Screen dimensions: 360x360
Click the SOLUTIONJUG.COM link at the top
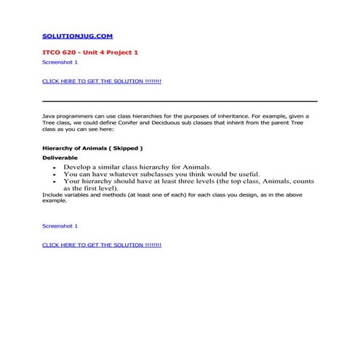point(77,36)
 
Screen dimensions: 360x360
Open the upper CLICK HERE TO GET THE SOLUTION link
point(102,81)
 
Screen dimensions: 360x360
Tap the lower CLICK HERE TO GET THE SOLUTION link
point(102,245)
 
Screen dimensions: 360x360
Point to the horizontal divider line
point(180,100)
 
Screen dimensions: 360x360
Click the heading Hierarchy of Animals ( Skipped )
point(92,148)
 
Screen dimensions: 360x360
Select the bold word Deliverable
point(60,157)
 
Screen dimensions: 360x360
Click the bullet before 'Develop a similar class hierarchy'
point(56,167)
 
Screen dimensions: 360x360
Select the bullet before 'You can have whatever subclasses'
point(56,175)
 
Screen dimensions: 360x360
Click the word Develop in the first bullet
point(76,167)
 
